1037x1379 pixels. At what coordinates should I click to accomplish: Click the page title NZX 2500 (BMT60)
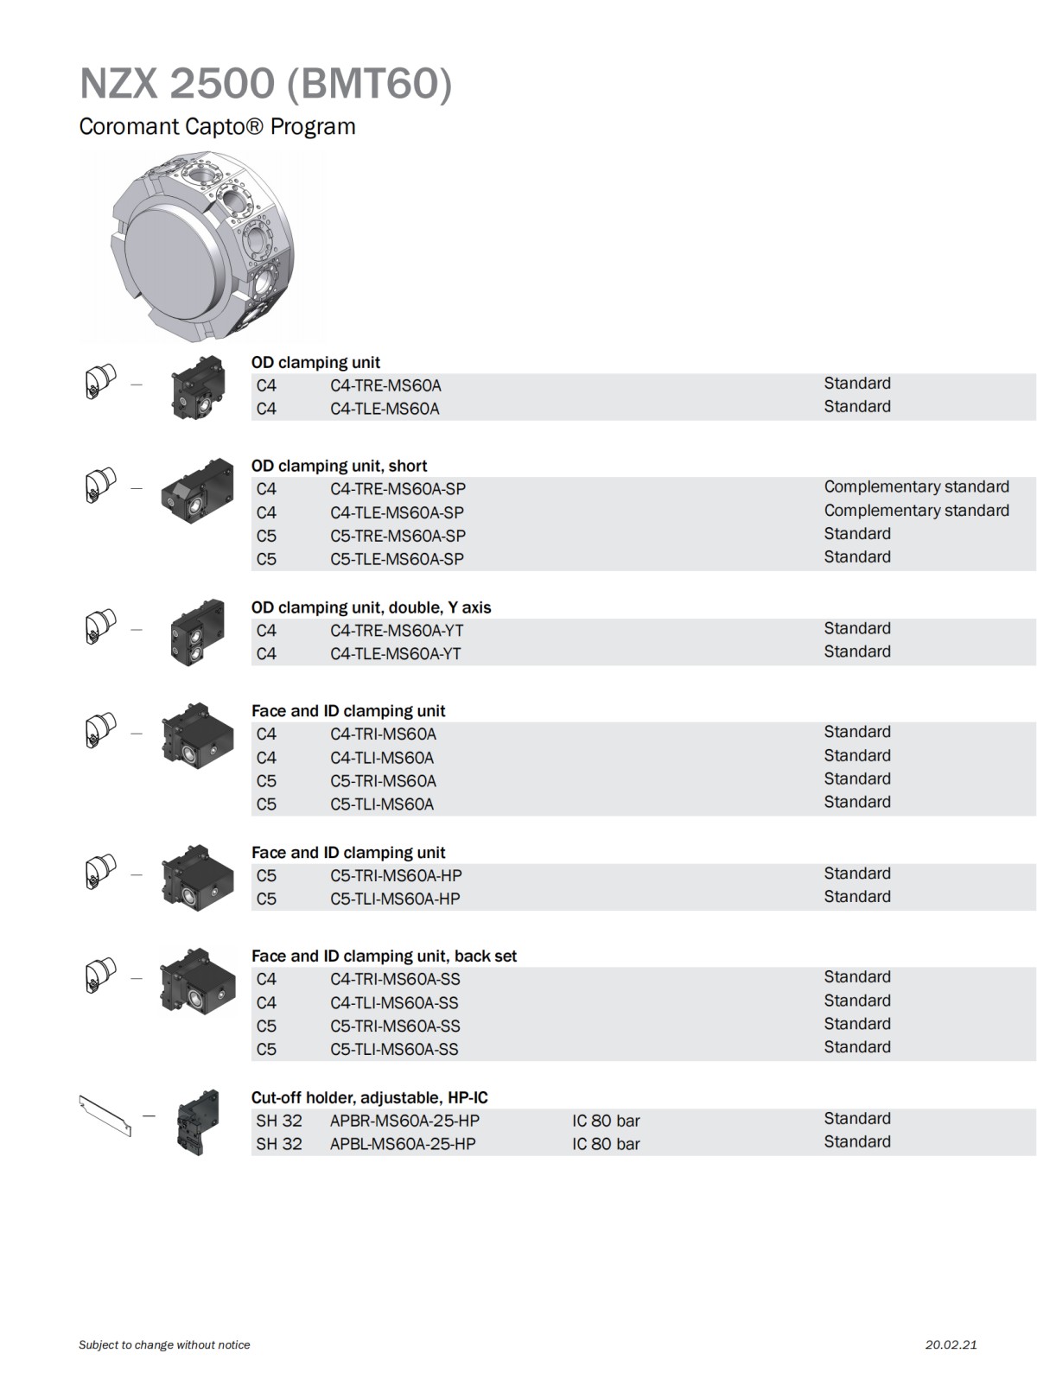click(265, 84)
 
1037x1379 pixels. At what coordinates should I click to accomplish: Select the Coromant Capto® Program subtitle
click(217, 126)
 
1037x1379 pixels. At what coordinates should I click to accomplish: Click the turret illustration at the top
click(200, 248)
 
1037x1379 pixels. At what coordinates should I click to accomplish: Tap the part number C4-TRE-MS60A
click(385, 385)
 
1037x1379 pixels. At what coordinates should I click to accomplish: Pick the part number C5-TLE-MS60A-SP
click(397, 559)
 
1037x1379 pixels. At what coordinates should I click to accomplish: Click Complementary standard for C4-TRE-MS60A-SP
click(916, 487)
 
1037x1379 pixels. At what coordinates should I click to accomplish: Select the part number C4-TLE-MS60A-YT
click(395, 654)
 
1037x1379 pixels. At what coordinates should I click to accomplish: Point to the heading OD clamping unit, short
click(339, 466)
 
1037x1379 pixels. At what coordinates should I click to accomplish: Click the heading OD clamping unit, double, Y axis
click(371, 607)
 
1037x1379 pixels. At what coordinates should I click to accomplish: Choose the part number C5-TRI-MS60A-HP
click(395, 875)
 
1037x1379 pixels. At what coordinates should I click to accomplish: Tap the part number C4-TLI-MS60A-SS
click(394, 1003)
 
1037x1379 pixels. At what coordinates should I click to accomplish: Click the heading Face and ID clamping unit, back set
click(384, 956)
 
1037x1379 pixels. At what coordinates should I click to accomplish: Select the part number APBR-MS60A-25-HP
click(404, 1121)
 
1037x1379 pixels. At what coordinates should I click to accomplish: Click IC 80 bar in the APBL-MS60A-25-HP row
click(606, 1144)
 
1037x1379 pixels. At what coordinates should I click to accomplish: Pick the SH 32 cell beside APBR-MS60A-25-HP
click(279, 1121)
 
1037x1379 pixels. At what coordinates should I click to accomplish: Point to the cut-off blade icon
click(105, 1115)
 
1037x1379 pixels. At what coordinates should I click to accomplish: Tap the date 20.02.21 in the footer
click(951, 1344)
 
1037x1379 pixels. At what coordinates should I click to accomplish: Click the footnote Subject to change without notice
click(164, 1344)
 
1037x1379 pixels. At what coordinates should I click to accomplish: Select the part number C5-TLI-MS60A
click(382, 804)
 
